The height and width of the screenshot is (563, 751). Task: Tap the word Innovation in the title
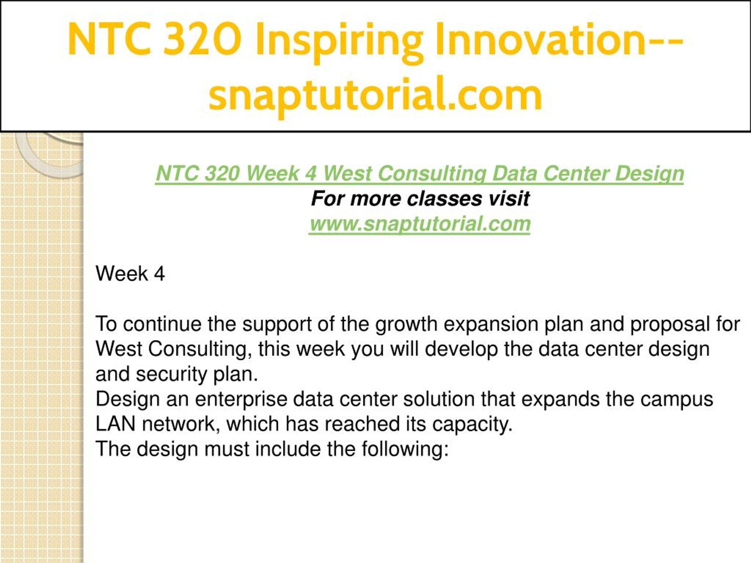pyautogui.click(x=540, y=39)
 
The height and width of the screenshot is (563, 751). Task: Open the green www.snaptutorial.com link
pyautogui.click(x=420, y=224)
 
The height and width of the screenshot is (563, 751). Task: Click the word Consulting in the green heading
pyautogui.click(x=432, y=174)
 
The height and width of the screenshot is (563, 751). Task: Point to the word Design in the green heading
pyautogui.click(x=649, y=174)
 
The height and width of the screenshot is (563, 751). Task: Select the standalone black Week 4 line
pyautogui.click(x=130, y=274)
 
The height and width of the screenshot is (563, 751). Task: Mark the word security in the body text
pyautogui.click(x=171, y=375)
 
